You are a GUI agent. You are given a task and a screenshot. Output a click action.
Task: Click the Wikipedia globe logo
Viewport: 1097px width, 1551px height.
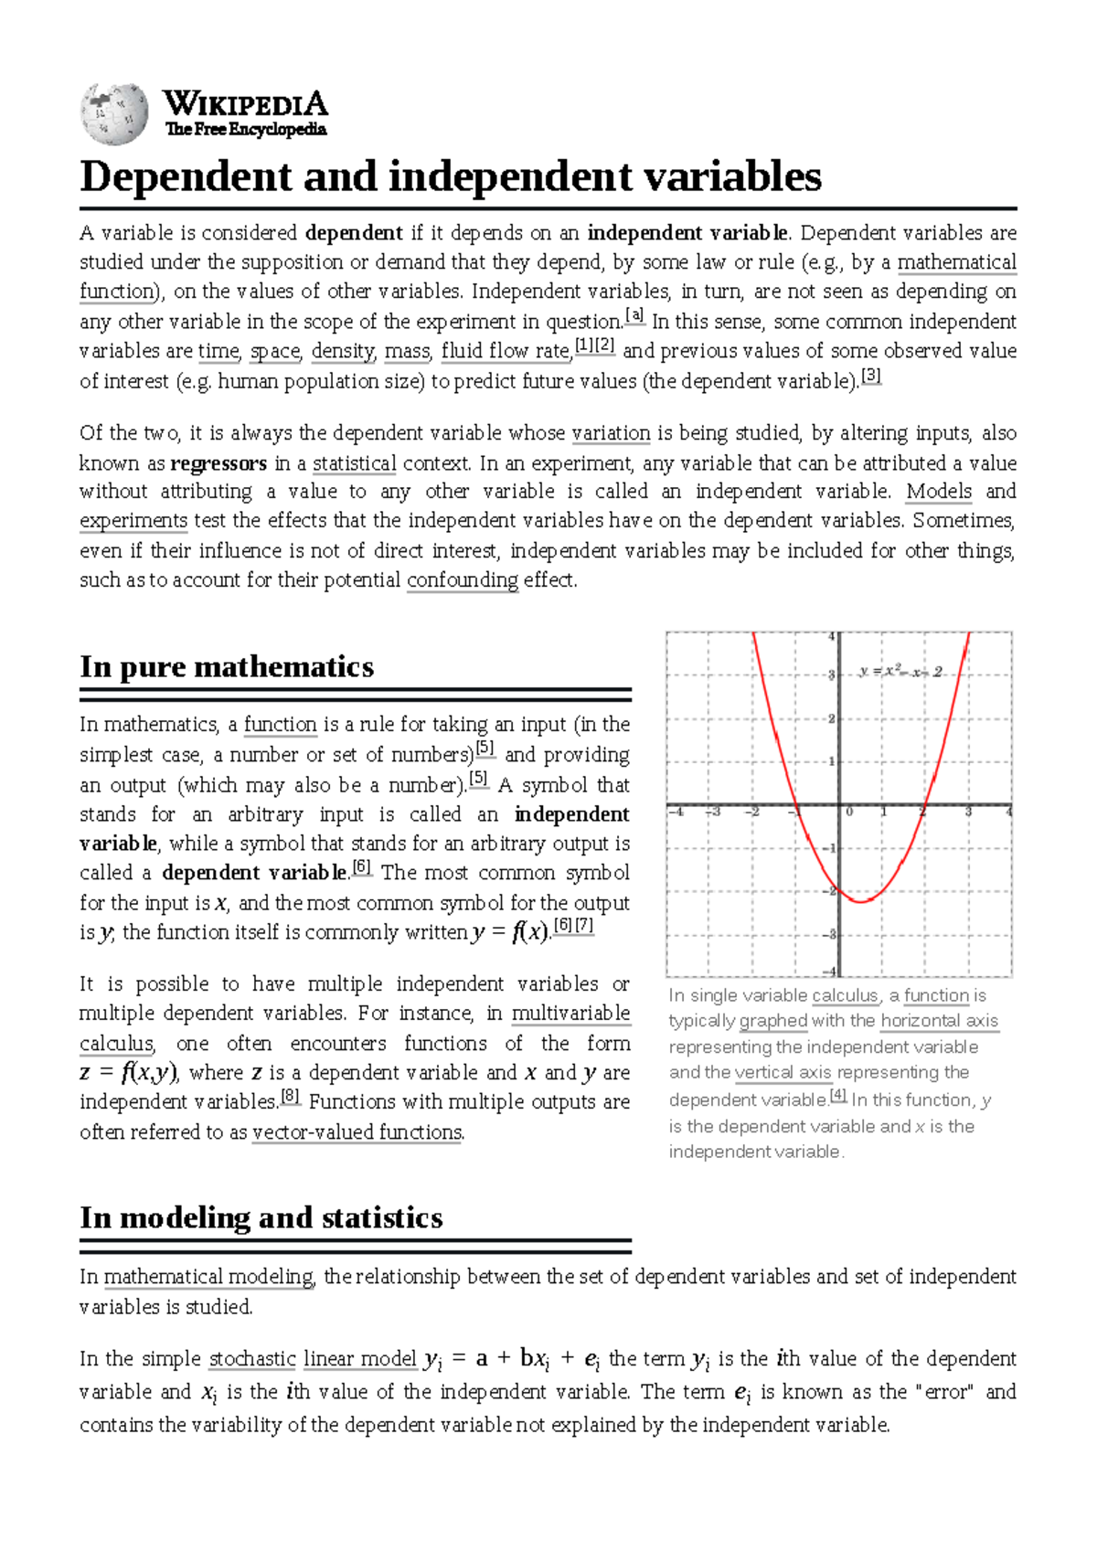(x=114, y=113)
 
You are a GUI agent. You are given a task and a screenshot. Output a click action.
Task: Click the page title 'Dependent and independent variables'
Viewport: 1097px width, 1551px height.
(x=450, y=176)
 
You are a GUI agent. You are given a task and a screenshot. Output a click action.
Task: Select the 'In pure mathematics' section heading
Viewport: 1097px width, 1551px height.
(x=227, y=666)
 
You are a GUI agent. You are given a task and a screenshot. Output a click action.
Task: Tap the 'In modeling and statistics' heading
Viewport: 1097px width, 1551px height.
(x=261, y=1217)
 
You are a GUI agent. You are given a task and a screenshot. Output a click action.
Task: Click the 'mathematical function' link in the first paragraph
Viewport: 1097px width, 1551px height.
(x=956, y=263)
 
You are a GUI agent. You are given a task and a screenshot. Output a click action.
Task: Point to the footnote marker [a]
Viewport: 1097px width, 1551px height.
(x=634, y=316)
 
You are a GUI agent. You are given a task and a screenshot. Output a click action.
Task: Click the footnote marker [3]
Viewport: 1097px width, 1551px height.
(x=871, y=376)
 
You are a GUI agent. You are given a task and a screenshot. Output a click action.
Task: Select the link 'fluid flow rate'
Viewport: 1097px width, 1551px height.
(x=506, y=351)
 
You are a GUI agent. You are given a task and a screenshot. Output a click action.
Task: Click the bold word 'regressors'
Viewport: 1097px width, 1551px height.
(x=218, y=463)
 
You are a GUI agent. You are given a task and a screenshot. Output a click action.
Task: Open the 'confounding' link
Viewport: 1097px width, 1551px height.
(x=463, y=580)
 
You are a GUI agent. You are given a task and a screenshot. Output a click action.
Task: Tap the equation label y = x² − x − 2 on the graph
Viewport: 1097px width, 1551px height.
(x=900, y=672)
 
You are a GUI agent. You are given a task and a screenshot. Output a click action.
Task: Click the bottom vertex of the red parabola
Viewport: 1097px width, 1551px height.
(x=860, y=901)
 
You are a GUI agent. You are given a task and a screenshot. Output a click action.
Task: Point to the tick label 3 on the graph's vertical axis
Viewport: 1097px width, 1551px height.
(x=831, y=675)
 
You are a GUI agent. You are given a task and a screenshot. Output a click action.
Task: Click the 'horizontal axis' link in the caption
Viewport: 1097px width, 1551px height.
(x=939, y=1021)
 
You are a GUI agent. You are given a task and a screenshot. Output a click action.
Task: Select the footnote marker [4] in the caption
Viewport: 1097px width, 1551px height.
(x=838, y=1095)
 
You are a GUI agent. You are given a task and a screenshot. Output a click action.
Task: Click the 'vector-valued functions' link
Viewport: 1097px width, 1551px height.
(x=357, y=1132)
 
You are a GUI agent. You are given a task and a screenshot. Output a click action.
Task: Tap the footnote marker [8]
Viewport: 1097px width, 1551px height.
(x=291, y=1096)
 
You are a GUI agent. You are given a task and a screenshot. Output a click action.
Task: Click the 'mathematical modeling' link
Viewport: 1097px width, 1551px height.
(x=208, y=1277)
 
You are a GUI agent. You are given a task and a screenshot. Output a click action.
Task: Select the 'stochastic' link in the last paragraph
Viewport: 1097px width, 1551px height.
(x=252, y=1359)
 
